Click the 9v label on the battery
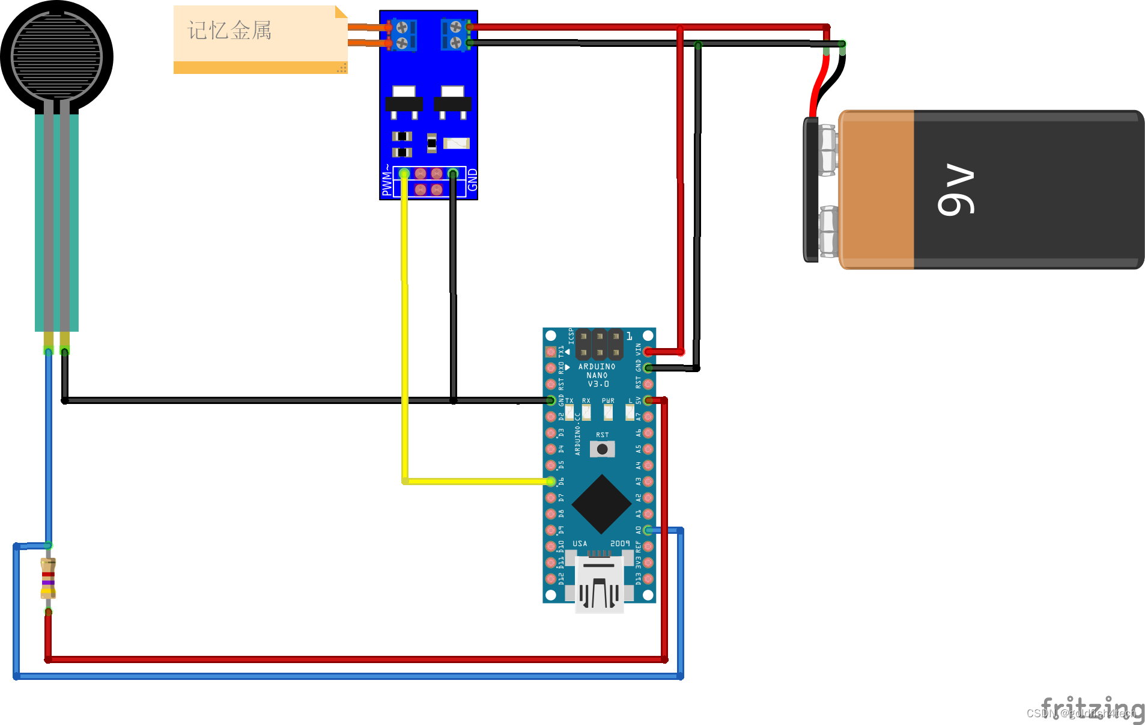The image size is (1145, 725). click(956, 189)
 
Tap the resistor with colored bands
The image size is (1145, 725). click(48, 578)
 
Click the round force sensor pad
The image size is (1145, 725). click(56, 57)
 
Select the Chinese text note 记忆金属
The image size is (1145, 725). click(229, 30)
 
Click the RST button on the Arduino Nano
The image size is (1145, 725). click(602, 449)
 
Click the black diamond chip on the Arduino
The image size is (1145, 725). click(601, 504)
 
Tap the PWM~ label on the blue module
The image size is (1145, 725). click(387, 180)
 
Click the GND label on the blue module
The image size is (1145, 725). click(473, 180)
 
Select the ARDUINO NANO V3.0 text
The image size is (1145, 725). click(597, 375)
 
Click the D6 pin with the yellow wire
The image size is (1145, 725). click(551, 482)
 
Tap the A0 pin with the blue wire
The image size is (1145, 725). click(648, 530)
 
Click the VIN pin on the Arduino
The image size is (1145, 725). click(648, 352)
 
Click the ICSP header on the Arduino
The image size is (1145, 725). click(599, 344)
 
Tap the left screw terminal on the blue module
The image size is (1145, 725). click(402, 35)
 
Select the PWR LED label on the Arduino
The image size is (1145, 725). click(608, 400)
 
